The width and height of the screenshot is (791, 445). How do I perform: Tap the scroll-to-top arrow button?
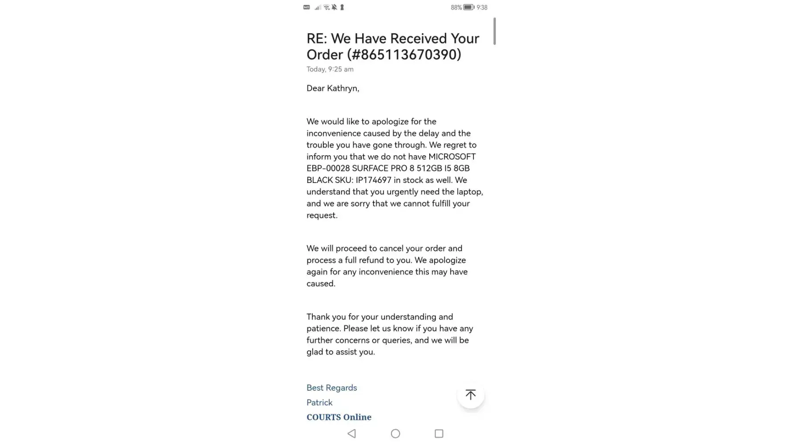point(470,395)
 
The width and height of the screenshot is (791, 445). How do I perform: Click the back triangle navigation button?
point(351,433)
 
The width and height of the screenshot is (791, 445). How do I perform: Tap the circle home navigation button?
point(395,433)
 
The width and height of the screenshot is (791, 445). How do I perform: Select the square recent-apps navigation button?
point(439,433)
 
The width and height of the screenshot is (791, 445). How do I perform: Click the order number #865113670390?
point(405,55)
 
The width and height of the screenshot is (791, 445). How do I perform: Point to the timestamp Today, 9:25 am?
point(330,69)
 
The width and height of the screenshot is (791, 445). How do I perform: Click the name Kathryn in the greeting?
point(342,88)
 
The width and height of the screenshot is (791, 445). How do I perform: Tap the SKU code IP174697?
point(373,180)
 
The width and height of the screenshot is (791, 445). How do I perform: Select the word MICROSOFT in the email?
point(452,157)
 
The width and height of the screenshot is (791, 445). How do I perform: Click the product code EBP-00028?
point(328,168)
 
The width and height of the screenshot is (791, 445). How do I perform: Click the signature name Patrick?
point(319,403)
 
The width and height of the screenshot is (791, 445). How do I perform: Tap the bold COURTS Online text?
point(339,417)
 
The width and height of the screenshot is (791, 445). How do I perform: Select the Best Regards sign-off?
point(331,388)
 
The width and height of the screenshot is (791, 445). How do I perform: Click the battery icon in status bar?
point(468,8)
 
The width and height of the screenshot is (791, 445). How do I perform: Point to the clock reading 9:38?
point(482,8)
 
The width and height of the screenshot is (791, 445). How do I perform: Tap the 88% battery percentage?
point(456,8)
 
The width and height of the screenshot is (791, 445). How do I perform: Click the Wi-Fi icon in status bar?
point(326,8)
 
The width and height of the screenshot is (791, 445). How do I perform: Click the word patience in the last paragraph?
point(323,328)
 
